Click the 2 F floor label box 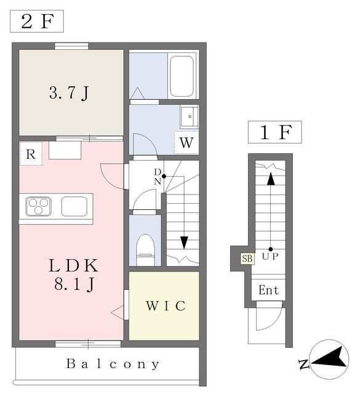[x=37, y=22]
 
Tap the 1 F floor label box [x=275, y=132]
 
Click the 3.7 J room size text [x=69, y=93]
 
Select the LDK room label [x=73, y=265]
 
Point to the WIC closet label [x=166, y=306]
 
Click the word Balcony [x=113, y=364]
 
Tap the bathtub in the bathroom [x=182, y=76]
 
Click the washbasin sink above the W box [x=189, y=116]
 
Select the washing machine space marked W [x=186, y=142]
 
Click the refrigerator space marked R [x=31, y=154]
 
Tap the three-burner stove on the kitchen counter [x=38, y=206]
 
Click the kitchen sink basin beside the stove [x=74, y=206]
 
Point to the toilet [x=145, y=249]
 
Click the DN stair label [x=158, y=177]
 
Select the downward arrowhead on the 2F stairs [x=185, y=243]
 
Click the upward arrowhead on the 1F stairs [x=271, y=179]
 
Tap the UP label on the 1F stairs [x=270, y=257]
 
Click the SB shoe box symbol [x=247, y=259]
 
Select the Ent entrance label [x=268, y=290]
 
